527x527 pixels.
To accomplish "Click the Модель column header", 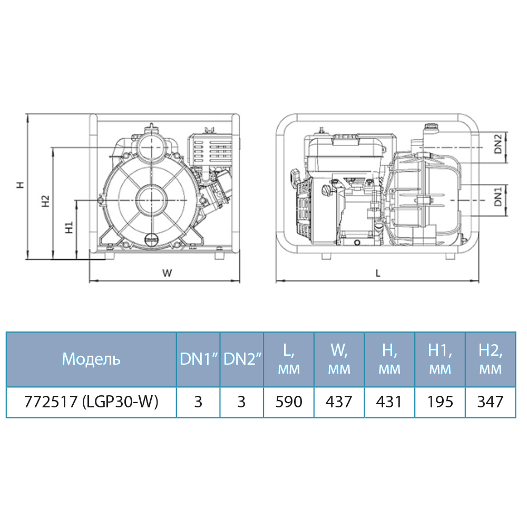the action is (91, 359).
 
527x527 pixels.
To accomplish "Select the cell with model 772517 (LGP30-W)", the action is (91, 402).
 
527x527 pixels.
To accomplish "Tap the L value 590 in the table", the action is (289, 402).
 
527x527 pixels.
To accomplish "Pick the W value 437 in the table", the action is (339, 402).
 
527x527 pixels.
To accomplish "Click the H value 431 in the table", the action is (389, 402).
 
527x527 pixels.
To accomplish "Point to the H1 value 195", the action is (440, 402).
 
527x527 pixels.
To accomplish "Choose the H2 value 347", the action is (490, 402).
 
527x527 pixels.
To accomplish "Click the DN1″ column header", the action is (199, 359).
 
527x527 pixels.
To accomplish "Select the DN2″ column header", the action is (242, 359).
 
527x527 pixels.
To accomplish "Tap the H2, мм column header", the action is (490, 359).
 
